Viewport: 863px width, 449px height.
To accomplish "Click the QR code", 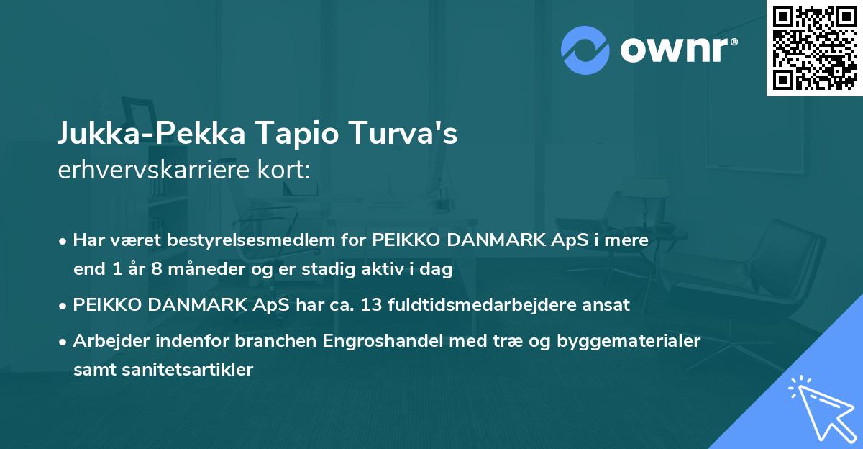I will (814, 47).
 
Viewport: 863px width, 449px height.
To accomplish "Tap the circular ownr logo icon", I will (585, 50).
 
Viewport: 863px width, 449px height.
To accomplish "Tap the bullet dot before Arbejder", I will (64, 341).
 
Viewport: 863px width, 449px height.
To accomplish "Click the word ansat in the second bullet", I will (609, 305).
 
